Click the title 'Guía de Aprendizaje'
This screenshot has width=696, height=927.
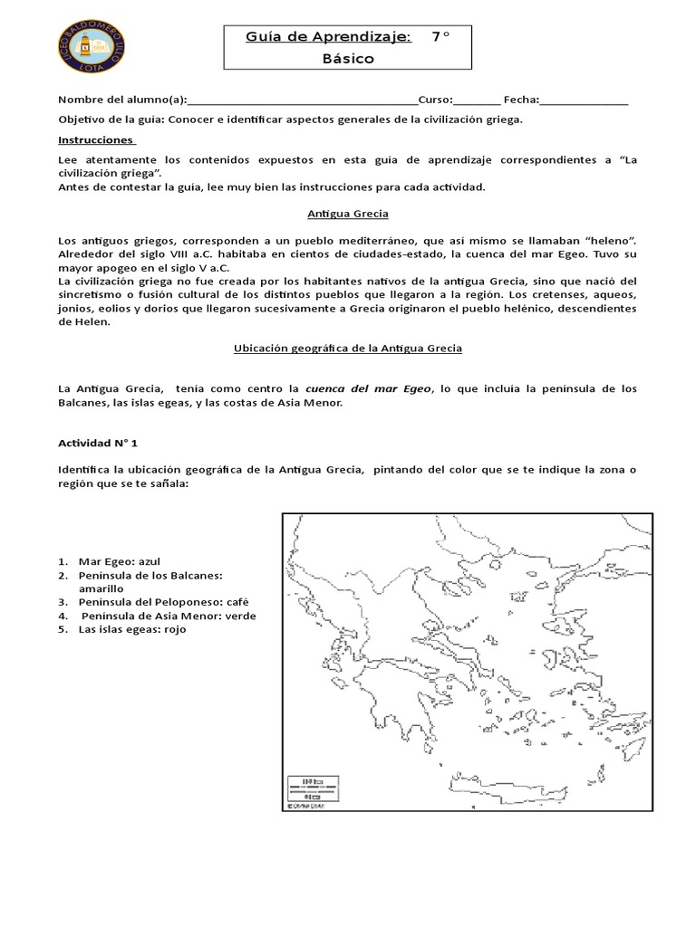tap(327, 36)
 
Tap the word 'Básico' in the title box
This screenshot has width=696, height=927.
tap(347, 58)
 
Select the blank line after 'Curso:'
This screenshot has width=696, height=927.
tap(475, 100)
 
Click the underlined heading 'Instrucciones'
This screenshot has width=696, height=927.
tap(96, 141)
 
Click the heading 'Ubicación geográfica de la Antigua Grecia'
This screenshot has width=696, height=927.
tap(347, 348)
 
